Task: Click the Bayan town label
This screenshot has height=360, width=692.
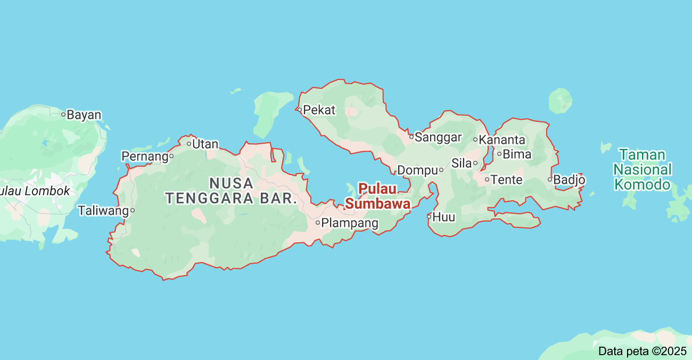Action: [84, 114]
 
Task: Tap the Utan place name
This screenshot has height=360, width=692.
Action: [205, 144]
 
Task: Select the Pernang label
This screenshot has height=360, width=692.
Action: [144, 157]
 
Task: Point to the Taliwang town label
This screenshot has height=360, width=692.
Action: [103, 210]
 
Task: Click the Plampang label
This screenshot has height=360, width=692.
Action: [350, 223]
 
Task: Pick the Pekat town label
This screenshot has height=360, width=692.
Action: [319, 110]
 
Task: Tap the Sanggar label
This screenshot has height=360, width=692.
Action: [438, 137]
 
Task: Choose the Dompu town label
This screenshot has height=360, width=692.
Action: [417, 170]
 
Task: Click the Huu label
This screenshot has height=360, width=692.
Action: [444, 217]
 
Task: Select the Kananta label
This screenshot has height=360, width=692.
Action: [502, 140]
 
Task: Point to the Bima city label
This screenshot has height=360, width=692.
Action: [517, 154]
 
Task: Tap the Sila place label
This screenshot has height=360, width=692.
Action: [461, 163]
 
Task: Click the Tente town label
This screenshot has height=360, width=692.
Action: [506, 180]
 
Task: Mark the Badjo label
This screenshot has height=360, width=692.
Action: [569, 180]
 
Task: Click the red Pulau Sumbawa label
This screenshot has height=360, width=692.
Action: [377, 197]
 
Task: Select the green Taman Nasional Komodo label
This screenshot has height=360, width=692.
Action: [642, 170]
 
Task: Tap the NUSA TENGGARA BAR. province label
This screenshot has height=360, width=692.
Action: [231, 191]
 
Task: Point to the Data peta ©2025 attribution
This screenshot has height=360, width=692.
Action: [642, 351]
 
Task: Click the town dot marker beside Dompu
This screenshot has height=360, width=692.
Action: [441, 170]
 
